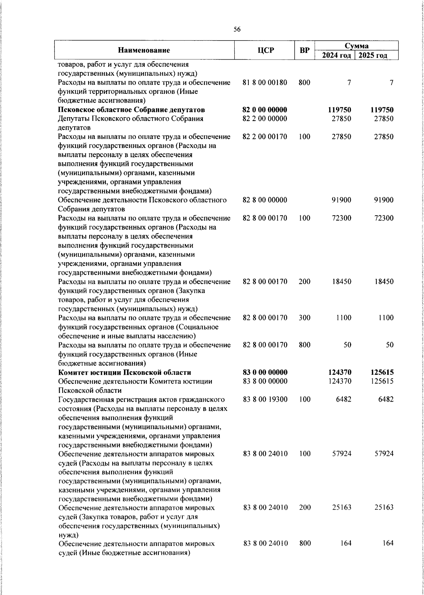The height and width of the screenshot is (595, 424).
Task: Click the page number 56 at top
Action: (237, 30)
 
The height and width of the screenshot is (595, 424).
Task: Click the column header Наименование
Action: (144, 50)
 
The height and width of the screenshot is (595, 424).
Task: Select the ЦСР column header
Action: (265, 50)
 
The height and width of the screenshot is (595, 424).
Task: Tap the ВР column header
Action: (305, 50)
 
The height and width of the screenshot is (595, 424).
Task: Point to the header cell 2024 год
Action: (335, 55)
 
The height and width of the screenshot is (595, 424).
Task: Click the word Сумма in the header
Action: (357, 46)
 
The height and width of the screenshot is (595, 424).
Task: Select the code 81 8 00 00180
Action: (265, 83)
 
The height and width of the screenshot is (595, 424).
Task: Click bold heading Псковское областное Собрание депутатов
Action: (132, 110)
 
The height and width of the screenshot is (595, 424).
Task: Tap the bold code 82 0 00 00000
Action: (265, 110)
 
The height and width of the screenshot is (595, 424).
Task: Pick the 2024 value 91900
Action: (341, 200)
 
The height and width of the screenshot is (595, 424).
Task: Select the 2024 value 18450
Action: (341, 282)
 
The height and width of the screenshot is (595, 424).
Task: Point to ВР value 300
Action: (305, 318)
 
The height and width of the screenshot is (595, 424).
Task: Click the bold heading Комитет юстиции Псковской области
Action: (125, 372)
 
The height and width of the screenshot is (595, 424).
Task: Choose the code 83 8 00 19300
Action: (265, 399)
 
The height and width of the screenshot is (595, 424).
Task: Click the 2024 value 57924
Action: (341, 453)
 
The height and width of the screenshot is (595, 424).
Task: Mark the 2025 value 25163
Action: (384, 507)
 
